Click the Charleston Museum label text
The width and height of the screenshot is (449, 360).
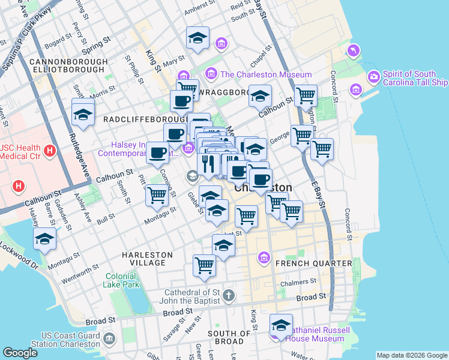pos(266,74)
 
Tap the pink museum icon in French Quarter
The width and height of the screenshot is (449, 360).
pos(263,258)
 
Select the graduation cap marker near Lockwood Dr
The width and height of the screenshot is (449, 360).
pos(45,239)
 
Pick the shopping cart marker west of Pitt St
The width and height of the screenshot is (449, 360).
pos(157,194)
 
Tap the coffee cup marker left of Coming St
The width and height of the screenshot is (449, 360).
pos(157,152)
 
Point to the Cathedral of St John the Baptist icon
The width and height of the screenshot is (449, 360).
pos(228,295)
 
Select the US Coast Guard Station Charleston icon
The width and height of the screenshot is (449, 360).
pos(109,340)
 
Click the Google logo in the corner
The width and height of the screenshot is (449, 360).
pos(20,353)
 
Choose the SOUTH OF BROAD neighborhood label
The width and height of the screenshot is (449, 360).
pos(229,337)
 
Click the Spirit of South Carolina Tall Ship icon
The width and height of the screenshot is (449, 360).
pos(373,77)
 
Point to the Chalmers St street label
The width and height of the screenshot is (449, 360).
pos(298,281)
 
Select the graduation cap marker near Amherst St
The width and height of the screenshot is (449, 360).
pos(197,38)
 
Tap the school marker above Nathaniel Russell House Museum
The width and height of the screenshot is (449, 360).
pos(281,325)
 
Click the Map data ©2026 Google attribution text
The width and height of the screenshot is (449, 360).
pos(412,355)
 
